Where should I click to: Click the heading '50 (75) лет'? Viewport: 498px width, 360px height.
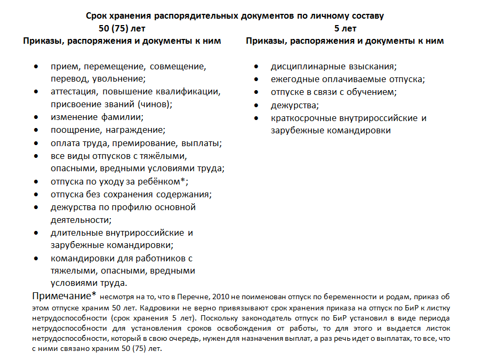coord(122,28)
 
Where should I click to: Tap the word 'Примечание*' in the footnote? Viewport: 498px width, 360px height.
coord(65,295)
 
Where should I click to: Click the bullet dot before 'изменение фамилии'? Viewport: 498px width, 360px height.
coord(36,117)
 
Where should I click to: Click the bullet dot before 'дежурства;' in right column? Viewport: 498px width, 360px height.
coord(256,105)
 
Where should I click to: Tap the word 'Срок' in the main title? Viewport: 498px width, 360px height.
coord(96,16)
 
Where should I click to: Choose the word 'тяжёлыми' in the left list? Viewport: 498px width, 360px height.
coord(165,156)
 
